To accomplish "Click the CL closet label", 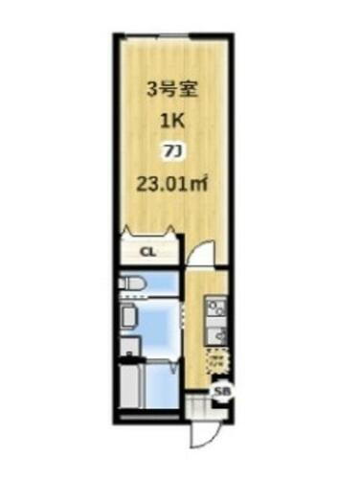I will point(147,252).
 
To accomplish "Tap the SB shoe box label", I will point(220,391).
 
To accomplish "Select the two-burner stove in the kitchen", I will point(215,308).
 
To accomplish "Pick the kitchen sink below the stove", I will point(216,336).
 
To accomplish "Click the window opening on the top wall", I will point(173,34).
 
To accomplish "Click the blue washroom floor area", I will point(158,326).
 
